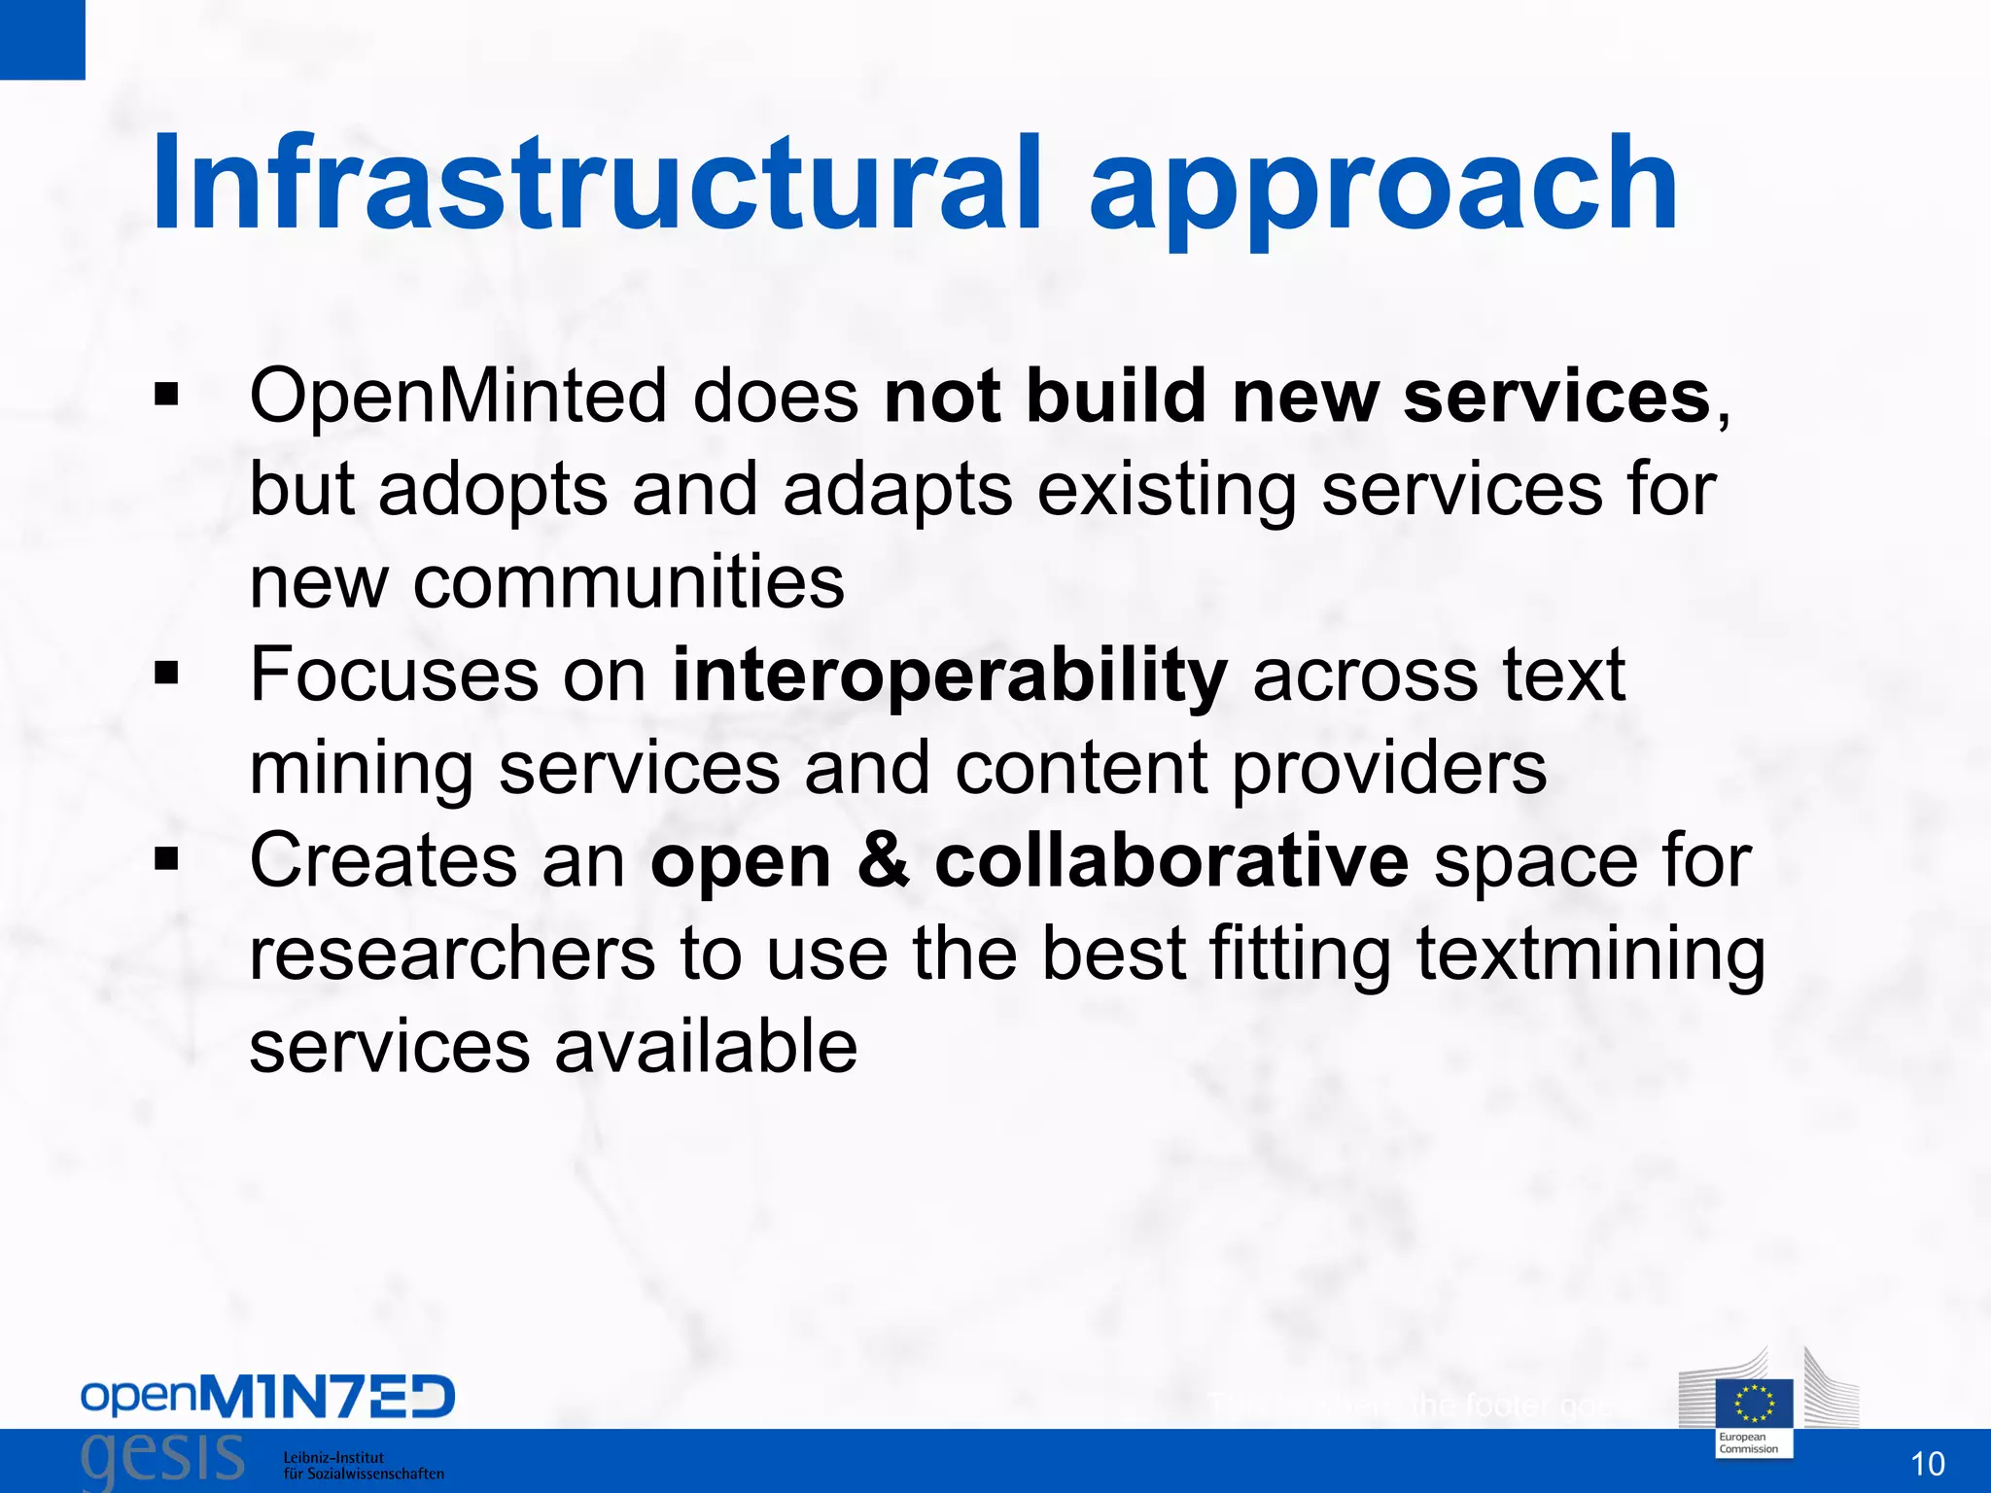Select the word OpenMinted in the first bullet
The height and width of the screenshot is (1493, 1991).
coord(457,397)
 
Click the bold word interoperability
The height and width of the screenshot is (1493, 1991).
coord(950,677)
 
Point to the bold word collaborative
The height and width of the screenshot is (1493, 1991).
coord(1170,861)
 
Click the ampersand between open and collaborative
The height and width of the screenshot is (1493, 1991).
coord(883,861)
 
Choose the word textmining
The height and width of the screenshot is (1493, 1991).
coord(1590,956)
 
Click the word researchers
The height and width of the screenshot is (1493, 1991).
coord(452,955)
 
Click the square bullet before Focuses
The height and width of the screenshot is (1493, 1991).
coord(166,673)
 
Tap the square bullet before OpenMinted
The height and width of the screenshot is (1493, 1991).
coord(166,395)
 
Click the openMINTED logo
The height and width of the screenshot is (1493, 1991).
coord(267,1398)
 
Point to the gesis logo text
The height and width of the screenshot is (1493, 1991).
coord(163,1458)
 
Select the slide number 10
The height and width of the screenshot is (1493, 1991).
coord(1927,1464)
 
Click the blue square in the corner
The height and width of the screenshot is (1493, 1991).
coord(42,39)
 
